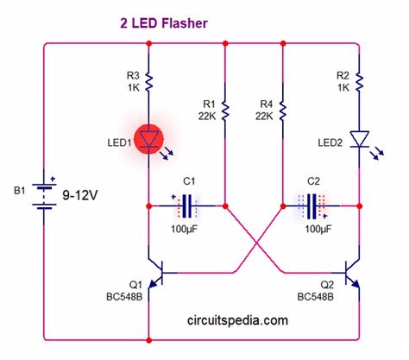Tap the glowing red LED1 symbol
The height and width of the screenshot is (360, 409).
point(150,139)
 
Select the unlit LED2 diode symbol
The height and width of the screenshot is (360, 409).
point(358,139)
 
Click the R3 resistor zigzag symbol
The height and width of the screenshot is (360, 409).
point(150,82)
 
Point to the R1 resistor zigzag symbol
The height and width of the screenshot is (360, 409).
point(224,111)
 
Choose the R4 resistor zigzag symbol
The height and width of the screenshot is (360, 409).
point(283,111)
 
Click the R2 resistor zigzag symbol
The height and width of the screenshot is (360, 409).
point(358,82)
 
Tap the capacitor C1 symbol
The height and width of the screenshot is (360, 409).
point(187,206)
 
